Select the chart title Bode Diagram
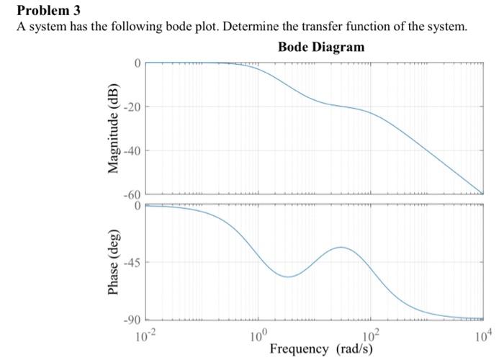[320, 47]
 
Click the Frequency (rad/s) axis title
[321, 349]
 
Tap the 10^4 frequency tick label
[481, 334]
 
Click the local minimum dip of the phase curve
[288, 276]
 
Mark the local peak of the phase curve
[341, 247]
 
